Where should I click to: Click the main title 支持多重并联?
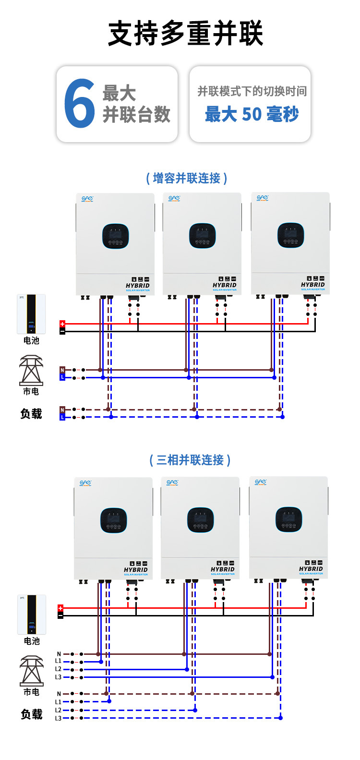tap(185, 34)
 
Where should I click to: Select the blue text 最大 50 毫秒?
tap(252, 114)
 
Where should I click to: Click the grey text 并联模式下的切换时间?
tap(252, 91)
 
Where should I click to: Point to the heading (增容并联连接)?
tap(186, 178)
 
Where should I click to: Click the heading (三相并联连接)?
tap(190, 460)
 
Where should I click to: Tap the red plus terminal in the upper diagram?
tap(62, 324)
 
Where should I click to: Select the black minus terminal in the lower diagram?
tap(60, 615)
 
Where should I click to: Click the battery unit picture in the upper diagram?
tap(31, 314)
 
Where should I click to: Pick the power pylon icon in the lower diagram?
tap(32, 671)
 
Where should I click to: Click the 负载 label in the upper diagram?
tap(31, 414)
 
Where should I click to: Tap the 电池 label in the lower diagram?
tap(32, 641)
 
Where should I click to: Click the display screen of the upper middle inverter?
tap(202, 236)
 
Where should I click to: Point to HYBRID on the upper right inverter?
tap(312, 285)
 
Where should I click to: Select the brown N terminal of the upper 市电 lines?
tap(62, 370)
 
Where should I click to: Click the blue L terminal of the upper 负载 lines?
tap(62, 417)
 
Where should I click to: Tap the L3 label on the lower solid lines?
tap(58, 677)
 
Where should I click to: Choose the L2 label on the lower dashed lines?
tap(58, 710)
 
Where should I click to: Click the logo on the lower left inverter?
tap(85, 483)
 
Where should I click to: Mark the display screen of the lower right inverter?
tap(288, 519)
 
